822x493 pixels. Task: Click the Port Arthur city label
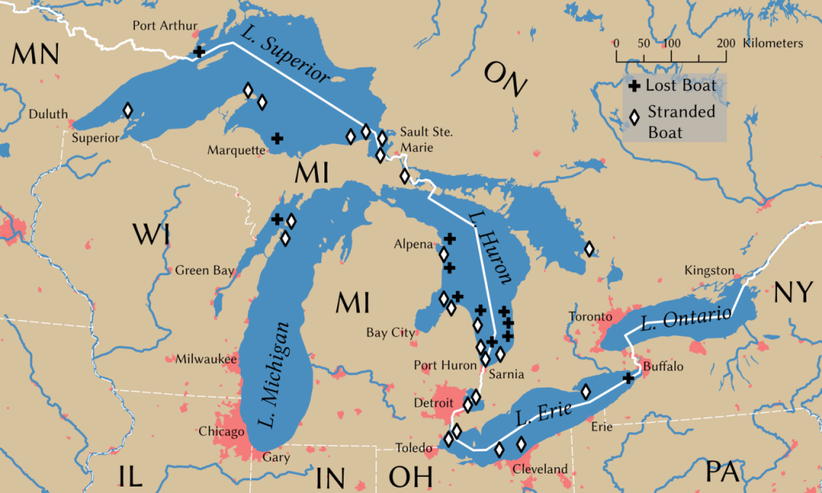click(165, 26)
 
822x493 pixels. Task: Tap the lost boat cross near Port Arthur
click(199, 52)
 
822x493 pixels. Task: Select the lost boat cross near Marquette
click(277, 138)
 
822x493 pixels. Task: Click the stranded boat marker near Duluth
click(128, 110)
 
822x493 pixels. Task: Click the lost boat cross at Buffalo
click(629, 377)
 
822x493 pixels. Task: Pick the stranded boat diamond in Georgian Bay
click(589, 249)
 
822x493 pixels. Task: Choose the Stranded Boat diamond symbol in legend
click(634, 118)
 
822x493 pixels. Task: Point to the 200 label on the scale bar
click(726, 43)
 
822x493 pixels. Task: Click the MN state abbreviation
click(35, 54)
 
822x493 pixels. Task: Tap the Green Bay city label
click(205, 271)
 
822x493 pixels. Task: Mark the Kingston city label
click(710, 271)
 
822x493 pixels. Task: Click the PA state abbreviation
click(722, 471)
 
